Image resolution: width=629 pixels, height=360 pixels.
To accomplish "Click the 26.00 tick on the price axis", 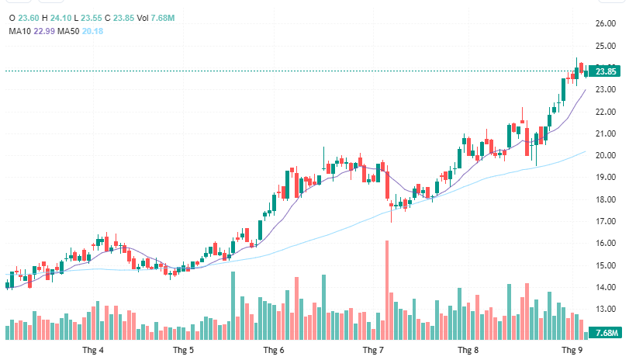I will [x=606, y=24].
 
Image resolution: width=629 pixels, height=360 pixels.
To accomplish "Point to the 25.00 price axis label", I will [x=606, y=46].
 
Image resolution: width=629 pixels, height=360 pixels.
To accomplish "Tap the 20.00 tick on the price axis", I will [x=606, y=155].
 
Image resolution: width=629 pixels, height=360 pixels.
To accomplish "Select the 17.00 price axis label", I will [x=606, y=221].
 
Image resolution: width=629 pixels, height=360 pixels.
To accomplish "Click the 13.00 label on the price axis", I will [x=606, y=309].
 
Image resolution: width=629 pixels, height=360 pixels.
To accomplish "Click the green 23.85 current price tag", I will [x=606, y=71].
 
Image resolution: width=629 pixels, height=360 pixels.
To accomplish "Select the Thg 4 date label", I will [x=93, y=351].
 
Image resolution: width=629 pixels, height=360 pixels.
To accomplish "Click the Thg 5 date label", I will [x=184, y=351].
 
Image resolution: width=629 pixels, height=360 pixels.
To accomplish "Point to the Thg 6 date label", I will [x=274, y=351].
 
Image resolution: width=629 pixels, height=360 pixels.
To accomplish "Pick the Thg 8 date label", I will [x=468, y=351].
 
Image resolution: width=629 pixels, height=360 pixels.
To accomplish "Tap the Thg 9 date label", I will [x=572, y=351].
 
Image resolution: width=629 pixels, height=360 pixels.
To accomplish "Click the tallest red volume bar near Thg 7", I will [x=386, y=290].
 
